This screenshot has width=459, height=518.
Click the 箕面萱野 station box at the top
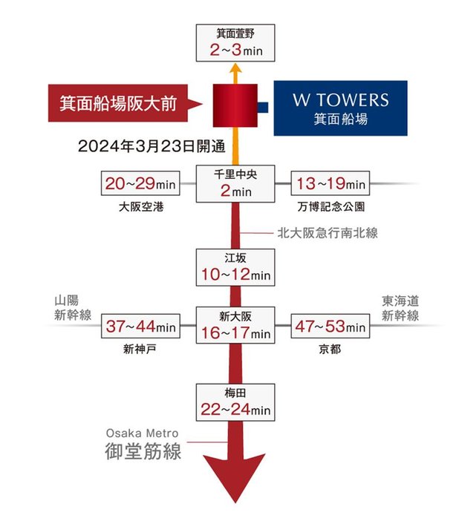tap(235, 43)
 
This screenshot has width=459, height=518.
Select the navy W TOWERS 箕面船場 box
tap(340, 108)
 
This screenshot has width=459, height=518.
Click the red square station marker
tap(235, 106)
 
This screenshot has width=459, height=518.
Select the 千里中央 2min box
tap(235, 183)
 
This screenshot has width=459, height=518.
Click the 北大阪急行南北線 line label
tap(328, 232)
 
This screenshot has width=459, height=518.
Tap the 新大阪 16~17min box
tap(235, 326)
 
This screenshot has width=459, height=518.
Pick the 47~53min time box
tap(331, 327)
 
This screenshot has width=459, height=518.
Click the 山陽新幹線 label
tap(72, 308)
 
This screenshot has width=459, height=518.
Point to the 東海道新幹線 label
tap(400, 308)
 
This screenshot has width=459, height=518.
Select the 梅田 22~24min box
tap(235, 401)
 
